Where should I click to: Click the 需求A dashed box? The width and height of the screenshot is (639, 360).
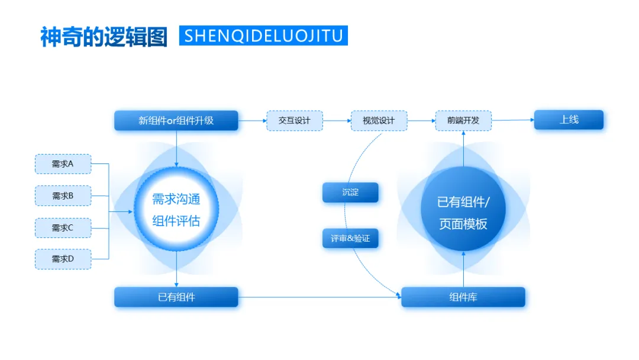(63, 164)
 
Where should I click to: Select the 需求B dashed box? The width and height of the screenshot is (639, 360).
(63, 195)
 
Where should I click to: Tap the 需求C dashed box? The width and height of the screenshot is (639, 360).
(63, 227)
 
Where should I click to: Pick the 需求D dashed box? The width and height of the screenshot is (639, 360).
(63, 259)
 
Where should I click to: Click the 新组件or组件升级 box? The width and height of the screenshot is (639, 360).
(176, 120)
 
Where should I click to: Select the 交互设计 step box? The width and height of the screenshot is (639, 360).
(295, 120)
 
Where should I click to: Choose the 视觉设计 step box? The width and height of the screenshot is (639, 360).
(379, 120)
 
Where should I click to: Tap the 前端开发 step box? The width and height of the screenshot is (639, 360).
(463, 120)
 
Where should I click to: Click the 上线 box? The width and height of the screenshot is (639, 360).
(569, 120)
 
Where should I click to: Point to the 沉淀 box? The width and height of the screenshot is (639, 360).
(350, 192)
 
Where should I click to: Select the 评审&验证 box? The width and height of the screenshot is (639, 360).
(350, 238)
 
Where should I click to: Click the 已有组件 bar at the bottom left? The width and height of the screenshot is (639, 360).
(176, 297)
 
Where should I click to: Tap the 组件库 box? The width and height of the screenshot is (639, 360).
(463, 297)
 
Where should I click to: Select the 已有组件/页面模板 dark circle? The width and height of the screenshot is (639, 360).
(463, 212)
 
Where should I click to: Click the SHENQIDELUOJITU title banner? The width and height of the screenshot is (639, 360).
(263, 36)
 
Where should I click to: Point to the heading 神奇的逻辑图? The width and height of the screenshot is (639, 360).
(104, 37)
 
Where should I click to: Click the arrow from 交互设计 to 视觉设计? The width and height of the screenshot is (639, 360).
(337, 121)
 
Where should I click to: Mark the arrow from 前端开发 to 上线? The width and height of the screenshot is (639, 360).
(512, 120)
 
